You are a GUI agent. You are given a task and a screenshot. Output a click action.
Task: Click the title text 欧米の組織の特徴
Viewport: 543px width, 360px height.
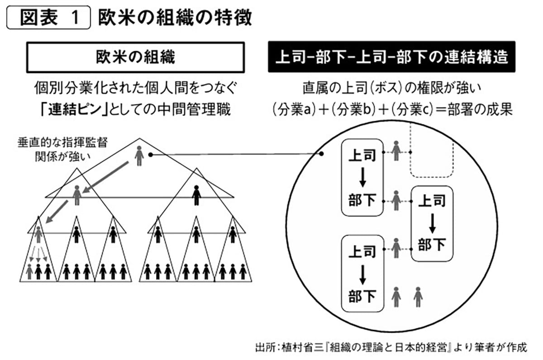174,19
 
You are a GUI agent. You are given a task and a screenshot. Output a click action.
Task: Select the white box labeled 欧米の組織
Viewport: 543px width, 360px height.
135,57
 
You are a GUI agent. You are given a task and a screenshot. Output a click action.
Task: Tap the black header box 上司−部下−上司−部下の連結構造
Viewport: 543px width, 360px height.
391,57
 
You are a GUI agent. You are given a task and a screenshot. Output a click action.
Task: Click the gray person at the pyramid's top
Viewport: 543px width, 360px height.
139,156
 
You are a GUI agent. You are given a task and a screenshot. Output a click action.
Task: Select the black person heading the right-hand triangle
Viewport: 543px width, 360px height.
196,195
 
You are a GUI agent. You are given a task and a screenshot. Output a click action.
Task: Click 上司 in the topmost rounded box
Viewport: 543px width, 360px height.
362,156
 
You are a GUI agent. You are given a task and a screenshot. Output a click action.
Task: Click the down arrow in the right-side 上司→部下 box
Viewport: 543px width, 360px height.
432,222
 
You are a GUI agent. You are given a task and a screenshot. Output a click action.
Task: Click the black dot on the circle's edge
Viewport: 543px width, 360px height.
322,154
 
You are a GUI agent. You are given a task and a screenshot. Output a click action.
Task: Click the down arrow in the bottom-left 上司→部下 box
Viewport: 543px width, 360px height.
362,273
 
